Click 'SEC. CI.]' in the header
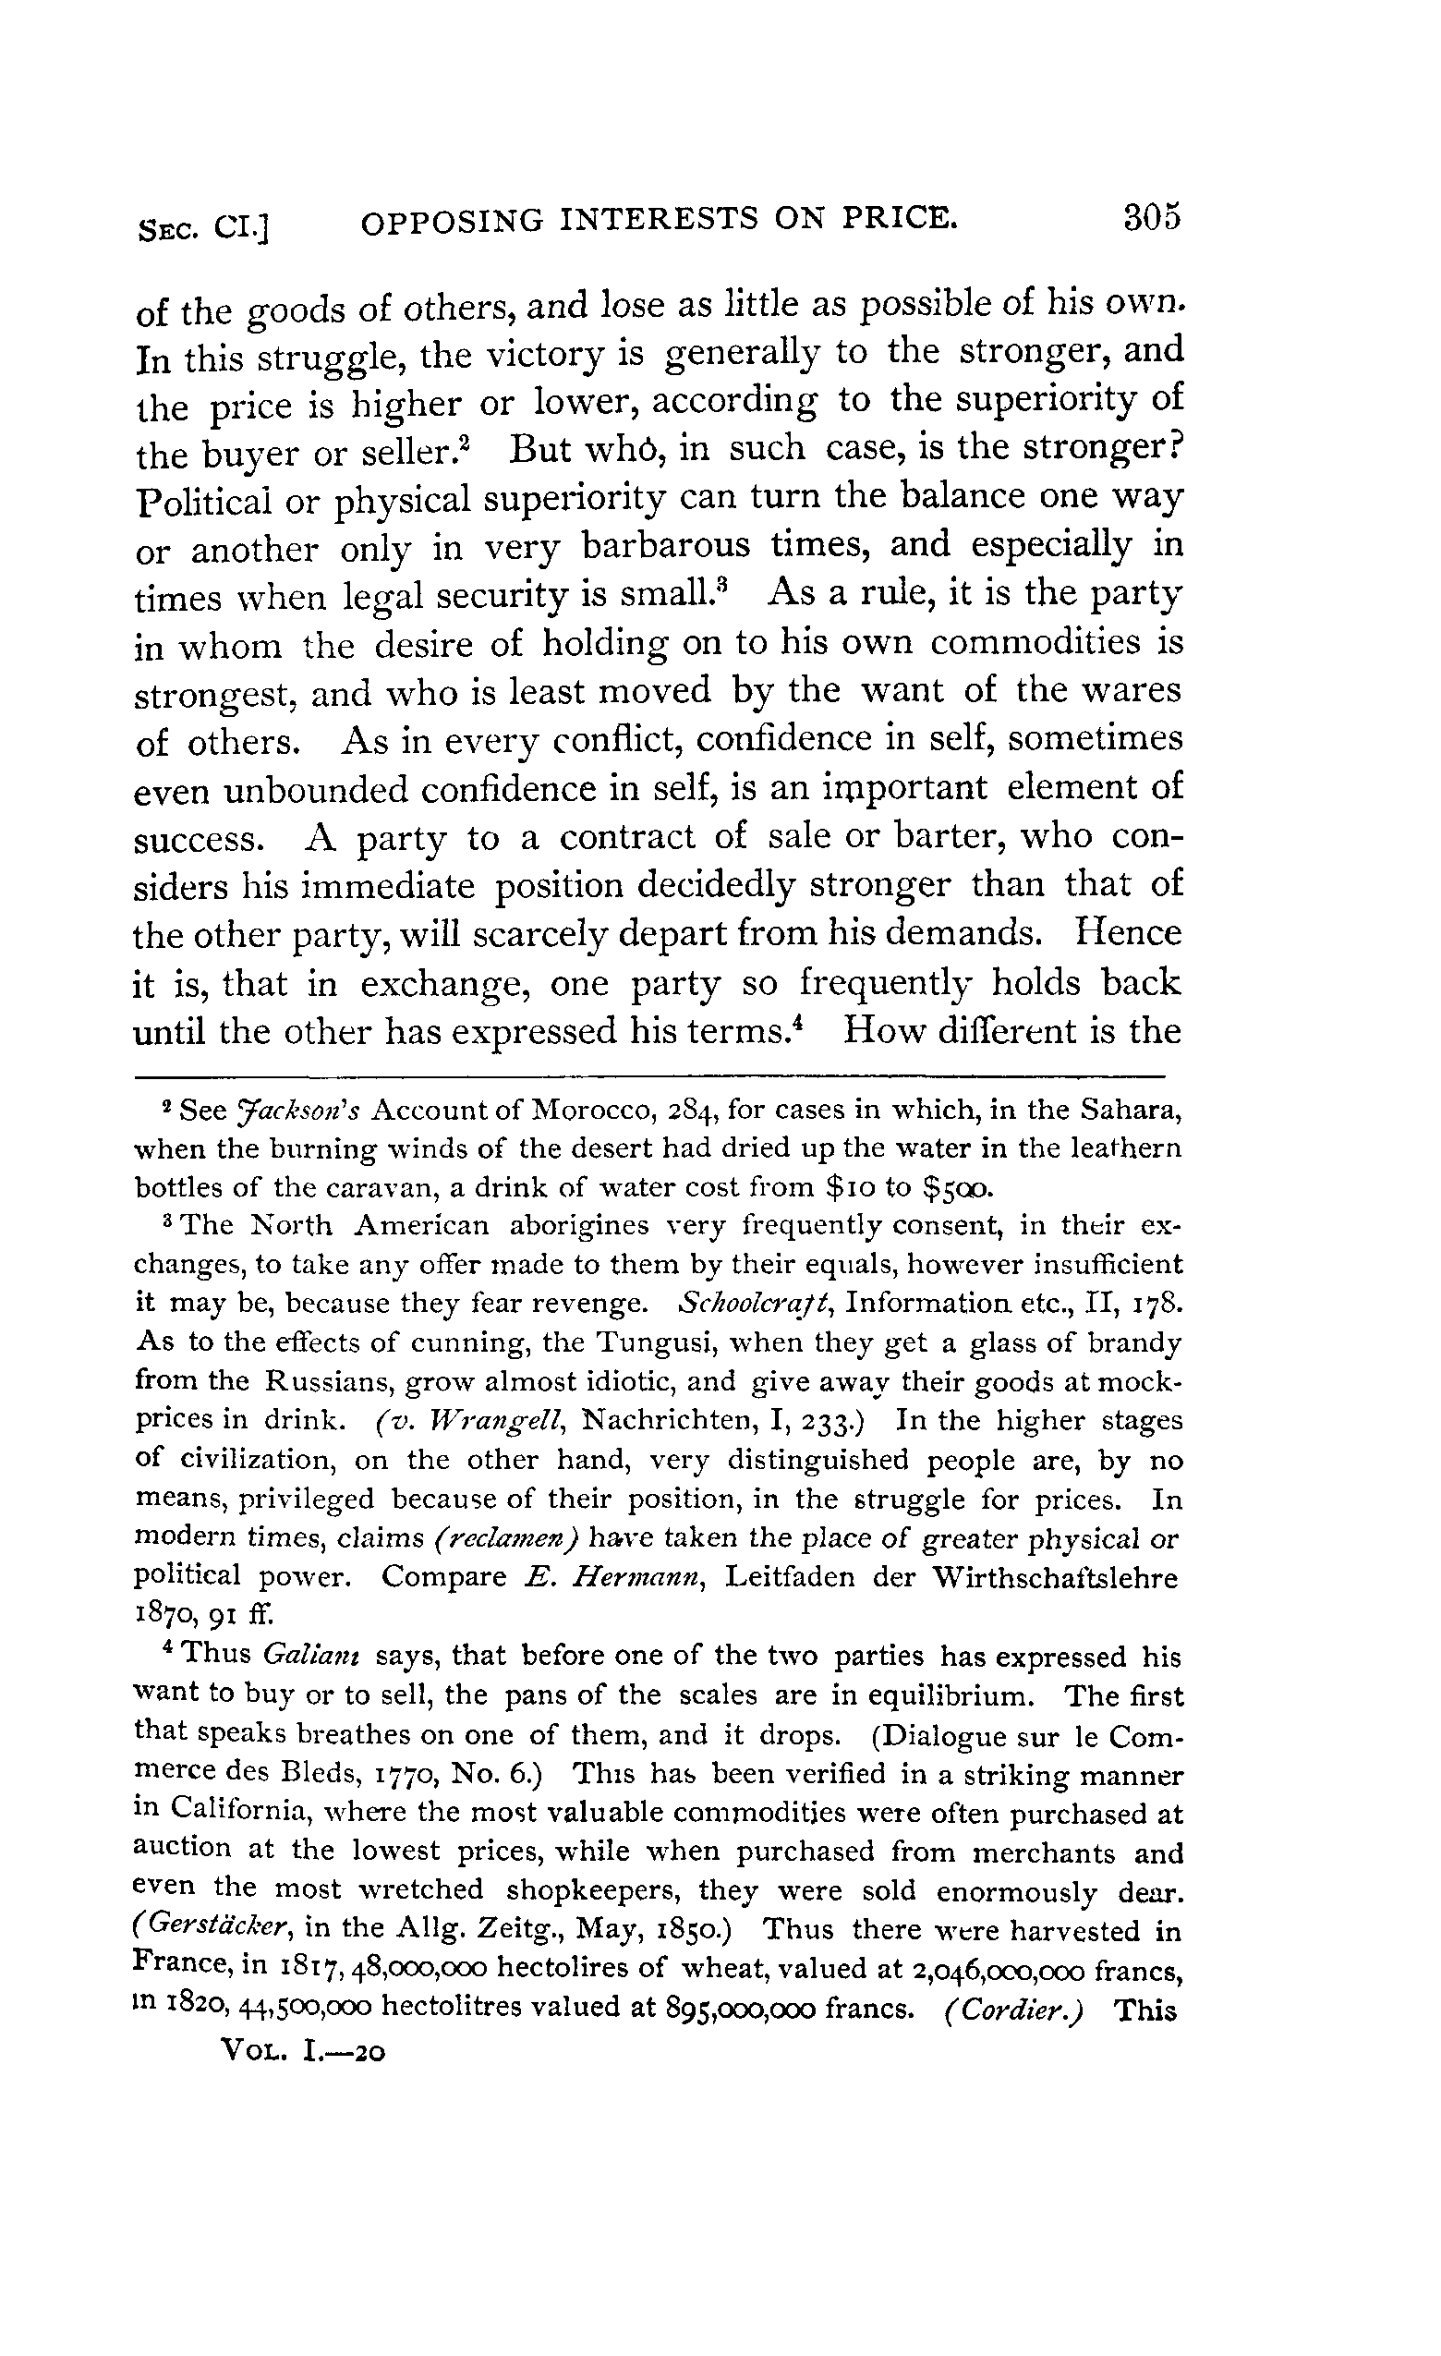point(202,227)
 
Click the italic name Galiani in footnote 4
point(309,1655)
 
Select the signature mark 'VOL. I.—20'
point(302,2050)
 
